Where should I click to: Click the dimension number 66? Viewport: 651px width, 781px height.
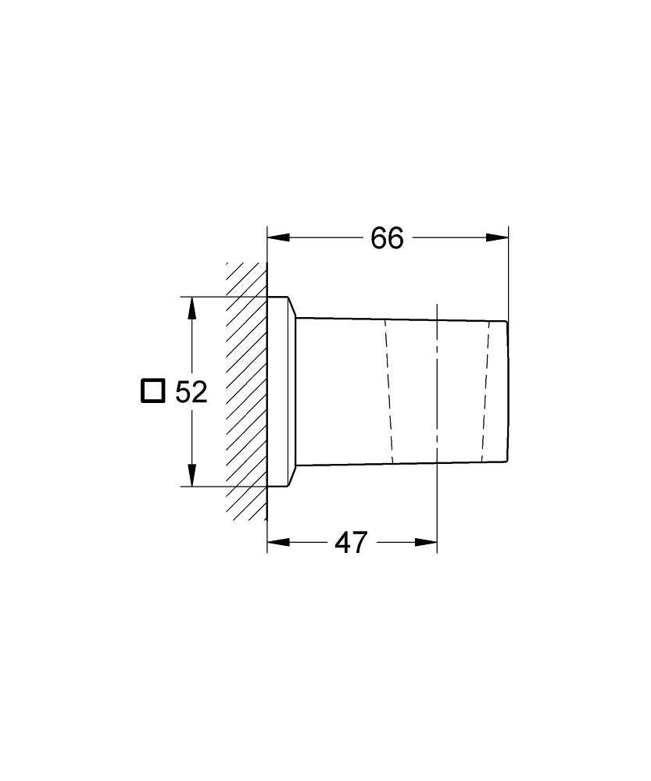click(x=387, y=238)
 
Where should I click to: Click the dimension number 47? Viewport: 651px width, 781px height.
click(x=350, y=542)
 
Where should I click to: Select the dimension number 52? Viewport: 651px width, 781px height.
click(x=191, y=391)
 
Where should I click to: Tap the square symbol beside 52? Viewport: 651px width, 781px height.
click(x=152, y=390)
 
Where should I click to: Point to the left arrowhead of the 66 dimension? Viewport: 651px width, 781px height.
click(x=278, y=237)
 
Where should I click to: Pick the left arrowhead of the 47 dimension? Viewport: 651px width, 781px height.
click(x=278, y=542)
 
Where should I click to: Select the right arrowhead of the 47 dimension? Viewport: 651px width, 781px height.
click(x=426, y=542)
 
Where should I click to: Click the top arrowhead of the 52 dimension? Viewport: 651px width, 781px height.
click(x=191, y=308)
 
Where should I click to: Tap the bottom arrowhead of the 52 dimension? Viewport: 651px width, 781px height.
click(x=191, y=475)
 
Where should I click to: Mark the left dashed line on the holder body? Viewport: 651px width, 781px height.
click(x=388, y=390)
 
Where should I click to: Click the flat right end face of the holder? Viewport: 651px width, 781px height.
click(x=508, y=390)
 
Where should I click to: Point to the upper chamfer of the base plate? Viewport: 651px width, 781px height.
click(x=292, y=307)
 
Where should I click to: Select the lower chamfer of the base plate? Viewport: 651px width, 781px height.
click(x=292, y=476)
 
